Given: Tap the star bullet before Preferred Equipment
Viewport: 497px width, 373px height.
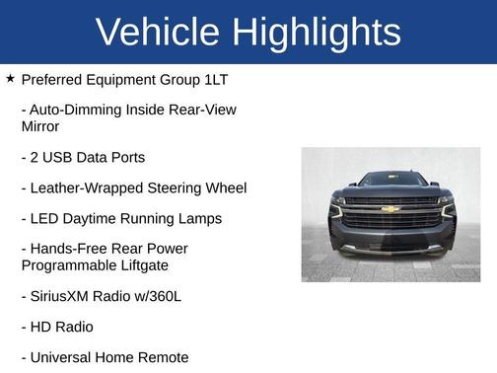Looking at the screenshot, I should point(10,77).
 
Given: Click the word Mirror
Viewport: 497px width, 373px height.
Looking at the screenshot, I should point(40,126).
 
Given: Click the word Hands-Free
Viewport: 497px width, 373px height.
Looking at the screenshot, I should point(64,249).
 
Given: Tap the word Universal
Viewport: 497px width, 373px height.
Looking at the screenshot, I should point(62,357).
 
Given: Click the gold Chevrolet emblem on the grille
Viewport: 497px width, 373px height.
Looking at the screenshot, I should point(390,209).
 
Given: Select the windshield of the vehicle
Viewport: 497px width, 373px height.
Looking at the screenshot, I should point(390,181).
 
